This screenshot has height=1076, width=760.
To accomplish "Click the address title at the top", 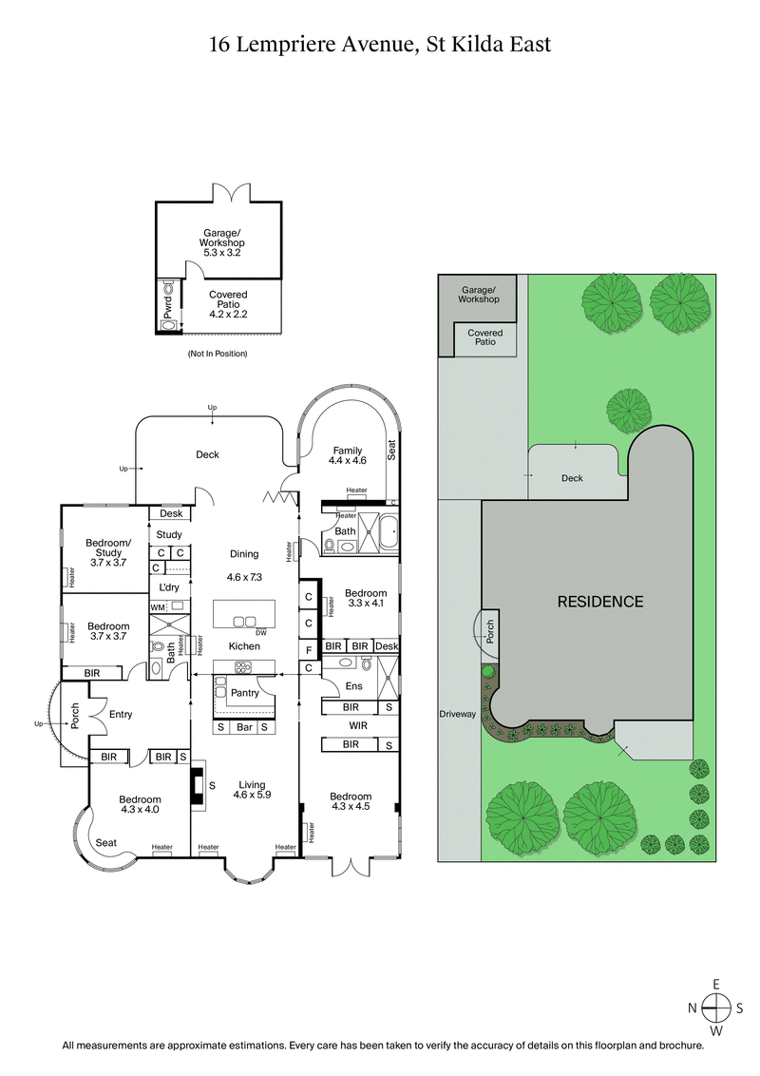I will tap(380, 44).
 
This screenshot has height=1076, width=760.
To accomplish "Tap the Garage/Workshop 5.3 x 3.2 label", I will tap(223, 242).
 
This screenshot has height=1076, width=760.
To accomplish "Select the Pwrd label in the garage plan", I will tap(169, 304).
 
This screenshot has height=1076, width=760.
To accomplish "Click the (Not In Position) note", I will tap(218, 354).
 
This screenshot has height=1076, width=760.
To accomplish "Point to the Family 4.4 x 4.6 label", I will tap(347, 455).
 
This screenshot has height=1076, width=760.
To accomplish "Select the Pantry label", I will tap(244, 693).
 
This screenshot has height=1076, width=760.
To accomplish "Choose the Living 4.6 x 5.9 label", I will tap(252, 790).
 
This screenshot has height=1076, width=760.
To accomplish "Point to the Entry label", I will tap(121, 715).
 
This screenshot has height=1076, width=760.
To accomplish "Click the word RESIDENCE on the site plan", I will tap(599, 602).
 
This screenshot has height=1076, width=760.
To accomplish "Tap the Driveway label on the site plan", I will tap(457, 714).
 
